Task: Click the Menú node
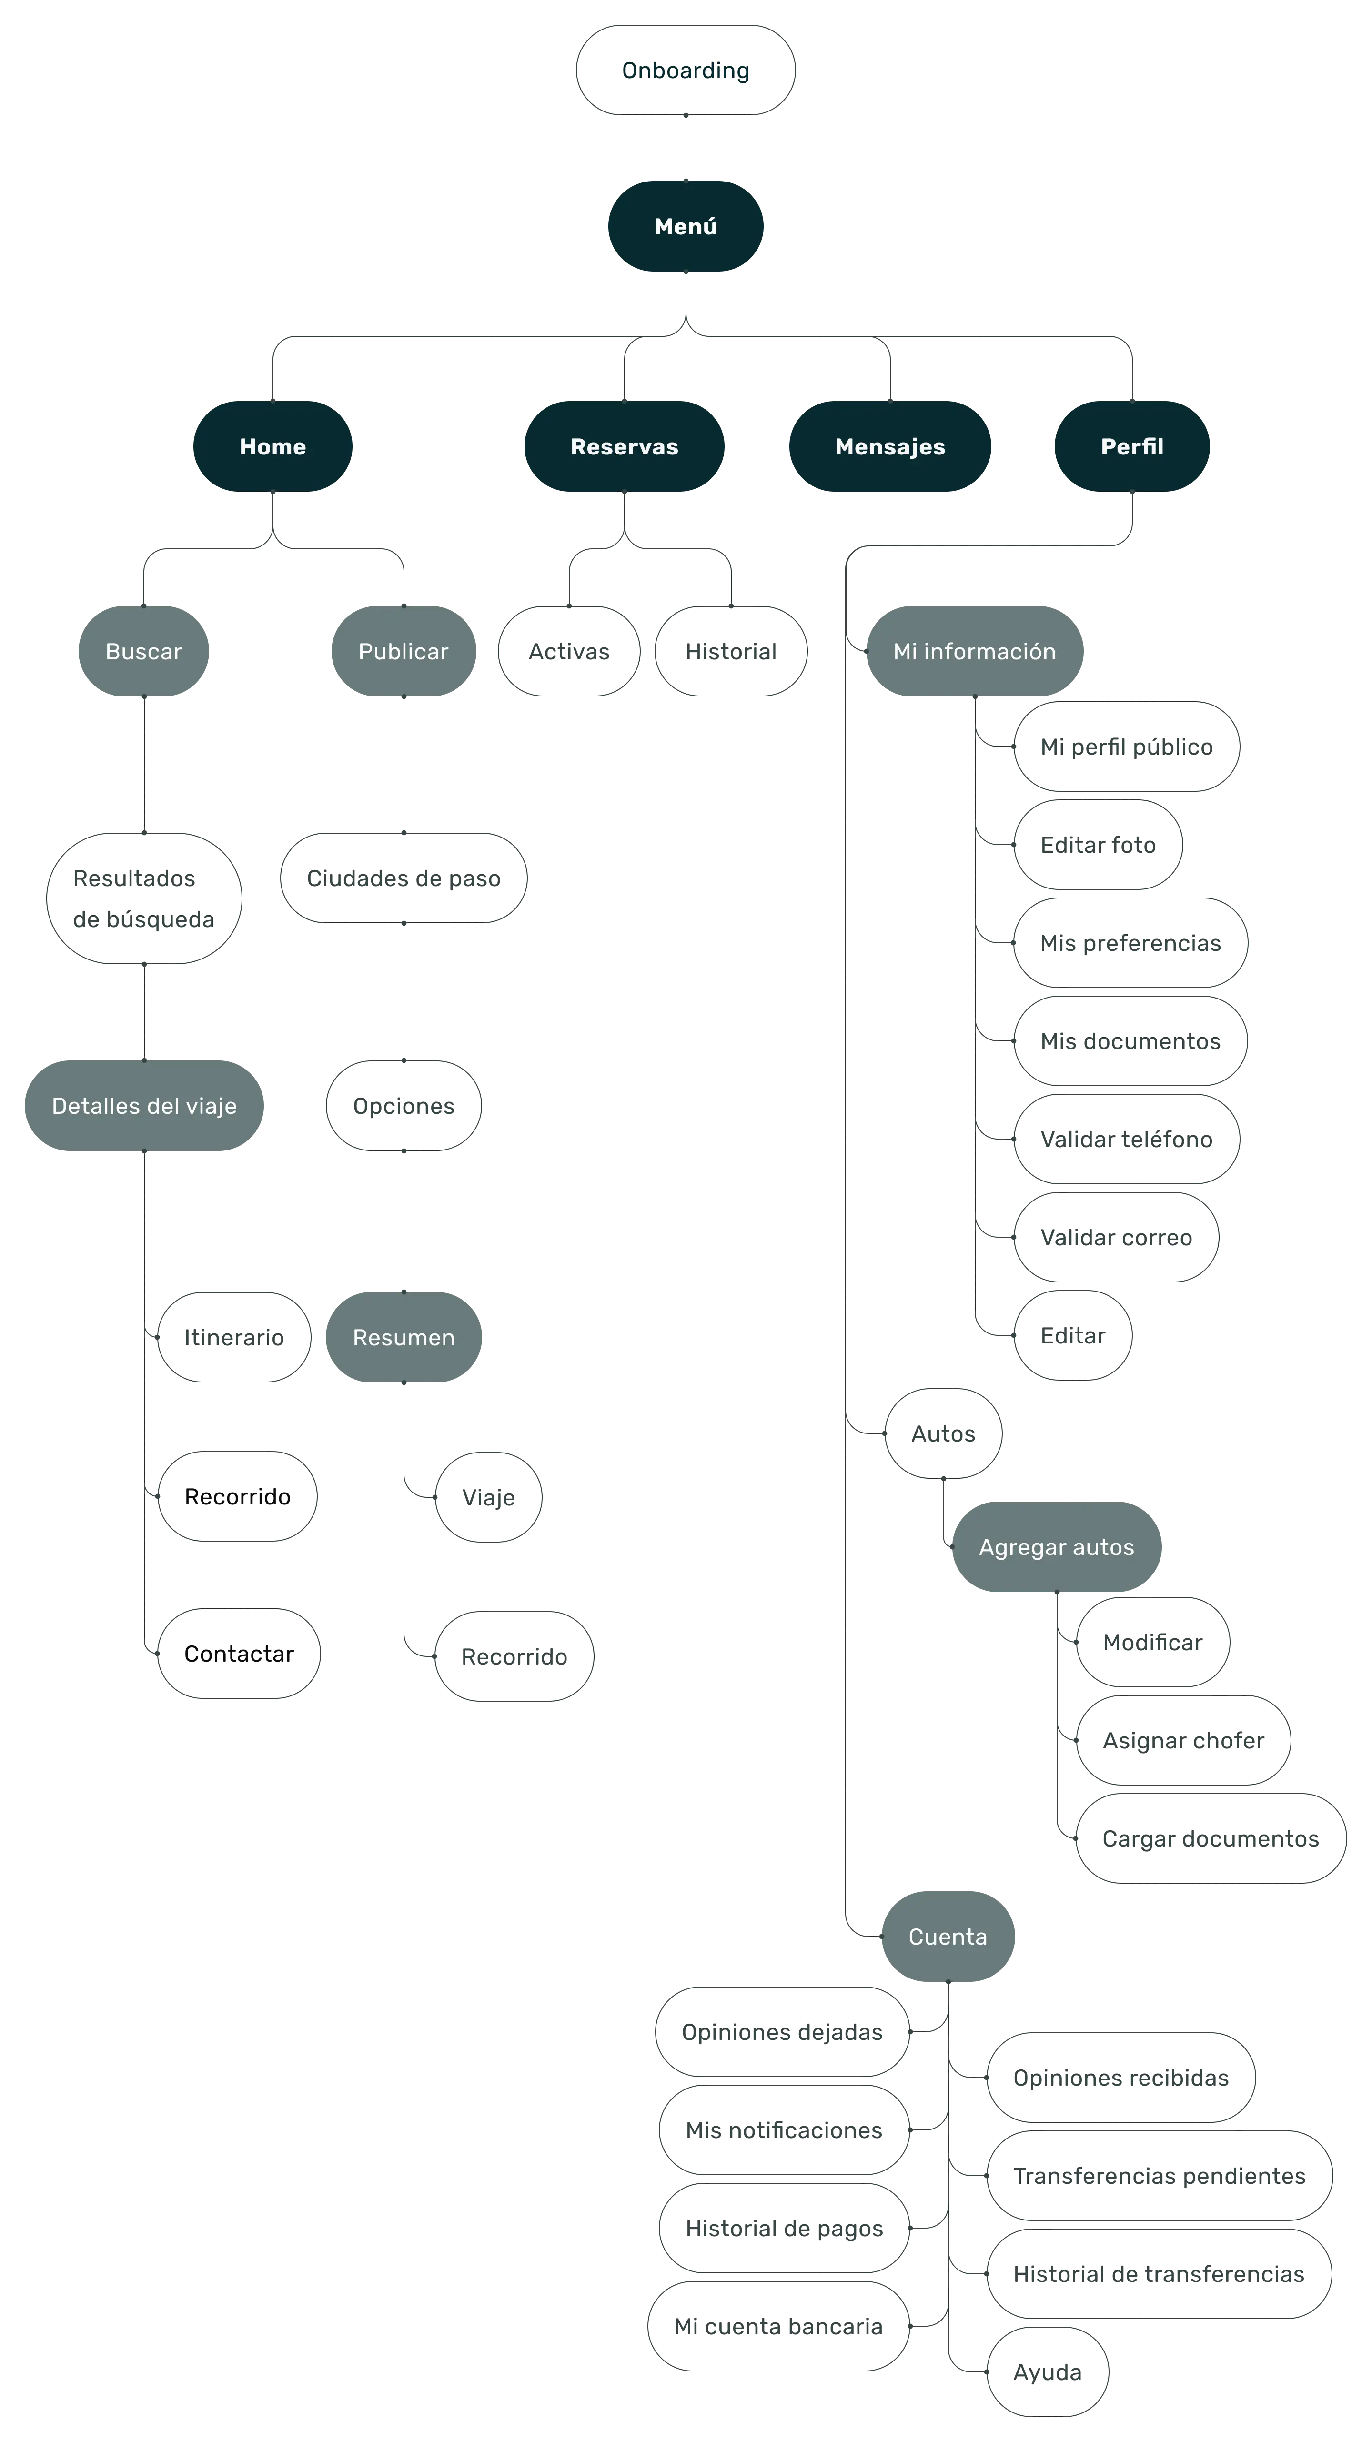tap(686, 227)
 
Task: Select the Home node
tap(272, 446)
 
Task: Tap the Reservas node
tap(624, 446)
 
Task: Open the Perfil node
tap(1131, 446)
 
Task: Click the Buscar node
tap(143, 651)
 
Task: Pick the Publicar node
tap(403, 651)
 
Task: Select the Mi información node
tap(974, 651)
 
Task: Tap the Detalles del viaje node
tap(144, 1105)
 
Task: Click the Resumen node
tap(403, 1337)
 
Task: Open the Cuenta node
tap(947, 1936)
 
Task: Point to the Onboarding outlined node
tap(686, 70)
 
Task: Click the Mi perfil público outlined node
tap(1127, 747)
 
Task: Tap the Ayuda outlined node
tap(1047, 2372)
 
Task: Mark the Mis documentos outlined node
tap(1130, 1041)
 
